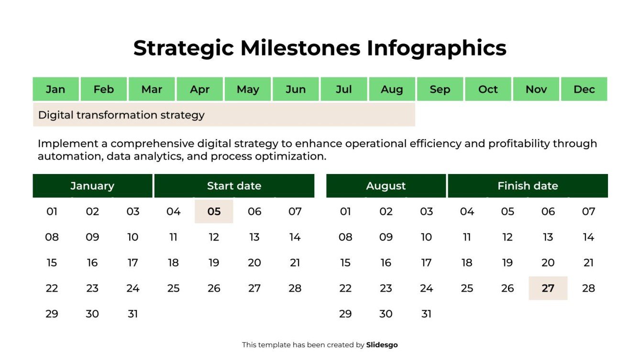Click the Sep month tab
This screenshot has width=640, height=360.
pyautogui.click(x=440, y=89)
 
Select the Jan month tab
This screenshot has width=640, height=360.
pyautogui.click(x=55, y=89)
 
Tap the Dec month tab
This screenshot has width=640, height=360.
pyautogui.click(x=584, y=89)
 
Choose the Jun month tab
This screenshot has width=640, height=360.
pyautogui.click(x=296, y=89)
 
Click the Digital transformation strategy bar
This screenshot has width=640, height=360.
pyautogui.click(x=224, y=115)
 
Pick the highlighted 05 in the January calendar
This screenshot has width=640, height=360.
pyautogui.click(x=214, y=211)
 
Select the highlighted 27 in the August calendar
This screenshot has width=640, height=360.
pyautogui.click(x=548, y=288)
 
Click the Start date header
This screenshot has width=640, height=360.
pyautogui.click(x=234, y=186)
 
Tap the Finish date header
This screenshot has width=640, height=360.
pyautogui.click(x=528, y=186)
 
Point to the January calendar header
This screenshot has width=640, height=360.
pyautogui.click(x=92, y=186)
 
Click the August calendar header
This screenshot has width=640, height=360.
pyautogui.click(x=386, y=186)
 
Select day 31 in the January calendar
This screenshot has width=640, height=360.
pyautogui.click(x=133, y=314)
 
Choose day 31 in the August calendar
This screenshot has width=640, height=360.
pyautogui.click(x=426, y=314)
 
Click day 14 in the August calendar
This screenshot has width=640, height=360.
pyautogui.click(x=588, y=237)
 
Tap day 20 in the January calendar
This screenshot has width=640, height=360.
pyautogui.click(x=254, y=263)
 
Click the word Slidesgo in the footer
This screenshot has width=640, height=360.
pyautogui.click(x=382, y=345)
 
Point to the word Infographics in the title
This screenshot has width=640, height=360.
pyautogui.click(x=436, y=48)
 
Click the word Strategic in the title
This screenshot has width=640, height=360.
pyautogui.click(x=184, y=48)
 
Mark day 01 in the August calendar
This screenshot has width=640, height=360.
pyautogui.click(x=345, y=211)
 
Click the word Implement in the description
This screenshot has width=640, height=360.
pyautogui.click(x=72, y=144)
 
